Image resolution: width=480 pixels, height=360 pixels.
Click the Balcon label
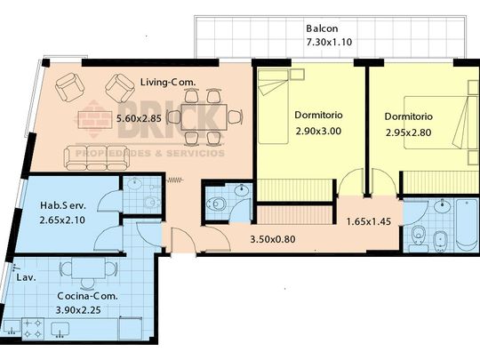[322, 28]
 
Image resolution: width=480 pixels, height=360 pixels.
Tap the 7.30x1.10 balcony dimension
[329, 42]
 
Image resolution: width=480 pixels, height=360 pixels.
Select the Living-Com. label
[168, 82]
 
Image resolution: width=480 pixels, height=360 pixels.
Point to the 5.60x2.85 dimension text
[139, 118]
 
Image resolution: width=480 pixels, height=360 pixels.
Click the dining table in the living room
[204, 117]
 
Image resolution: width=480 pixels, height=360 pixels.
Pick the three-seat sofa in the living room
[96, 157]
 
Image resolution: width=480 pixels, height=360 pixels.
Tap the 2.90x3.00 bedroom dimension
[318, 131]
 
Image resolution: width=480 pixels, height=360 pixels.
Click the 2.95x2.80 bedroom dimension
[408, 132]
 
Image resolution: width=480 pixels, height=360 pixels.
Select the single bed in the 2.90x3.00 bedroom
[273, 107]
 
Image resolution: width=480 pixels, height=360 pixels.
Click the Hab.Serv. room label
[63, 205]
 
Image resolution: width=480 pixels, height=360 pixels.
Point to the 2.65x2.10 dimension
[62, 220]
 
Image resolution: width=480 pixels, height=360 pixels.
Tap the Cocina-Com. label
[87, 296]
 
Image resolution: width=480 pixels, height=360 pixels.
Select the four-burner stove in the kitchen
[33, 329]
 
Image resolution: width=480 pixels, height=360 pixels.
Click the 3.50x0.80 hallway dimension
[273, 239]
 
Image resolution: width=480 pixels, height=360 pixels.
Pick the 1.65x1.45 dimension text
[369, 221]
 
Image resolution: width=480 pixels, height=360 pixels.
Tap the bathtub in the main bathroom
[467, 225]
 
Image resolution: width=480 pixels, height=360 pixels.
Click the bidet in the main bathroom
[440, 240]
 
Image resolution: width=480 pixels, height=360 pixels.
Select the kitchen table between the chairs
[89, 268]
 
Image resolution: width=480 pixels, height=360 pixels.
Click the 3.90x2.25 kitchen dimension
[78, 310]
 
